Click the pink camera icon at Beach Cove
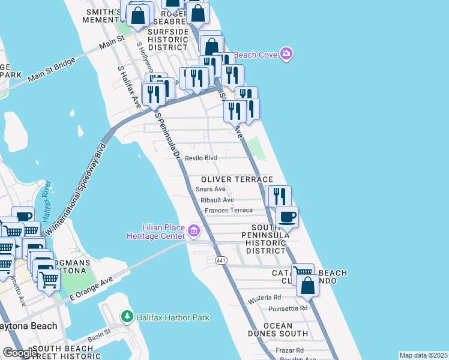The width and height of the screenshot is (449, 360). tap(286, 55)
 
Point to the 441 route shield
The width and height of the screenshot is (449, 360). tap(221, 259)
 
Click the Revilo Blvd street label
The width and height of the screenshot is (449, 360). tap(200, 158)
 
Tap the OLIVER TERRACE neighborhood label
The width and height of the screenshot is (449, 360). tap(237, 179)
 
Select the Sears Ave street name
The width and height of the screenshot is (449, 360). tap(210, 189)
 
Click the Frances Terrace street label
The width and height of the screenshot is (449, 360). tap(229, 210)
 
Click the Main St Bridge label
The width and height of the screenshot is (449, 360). tap(52, 68)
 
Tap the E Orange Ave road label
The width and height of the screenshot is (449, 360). tap(91, 289)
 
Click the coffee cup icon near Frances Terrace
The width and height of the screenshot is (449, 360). tap(287, 217)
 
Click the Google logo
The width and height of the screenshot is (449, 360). tap(20, 353)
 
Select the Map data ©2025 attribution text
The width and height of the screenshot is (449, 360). tap(423, 355)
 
